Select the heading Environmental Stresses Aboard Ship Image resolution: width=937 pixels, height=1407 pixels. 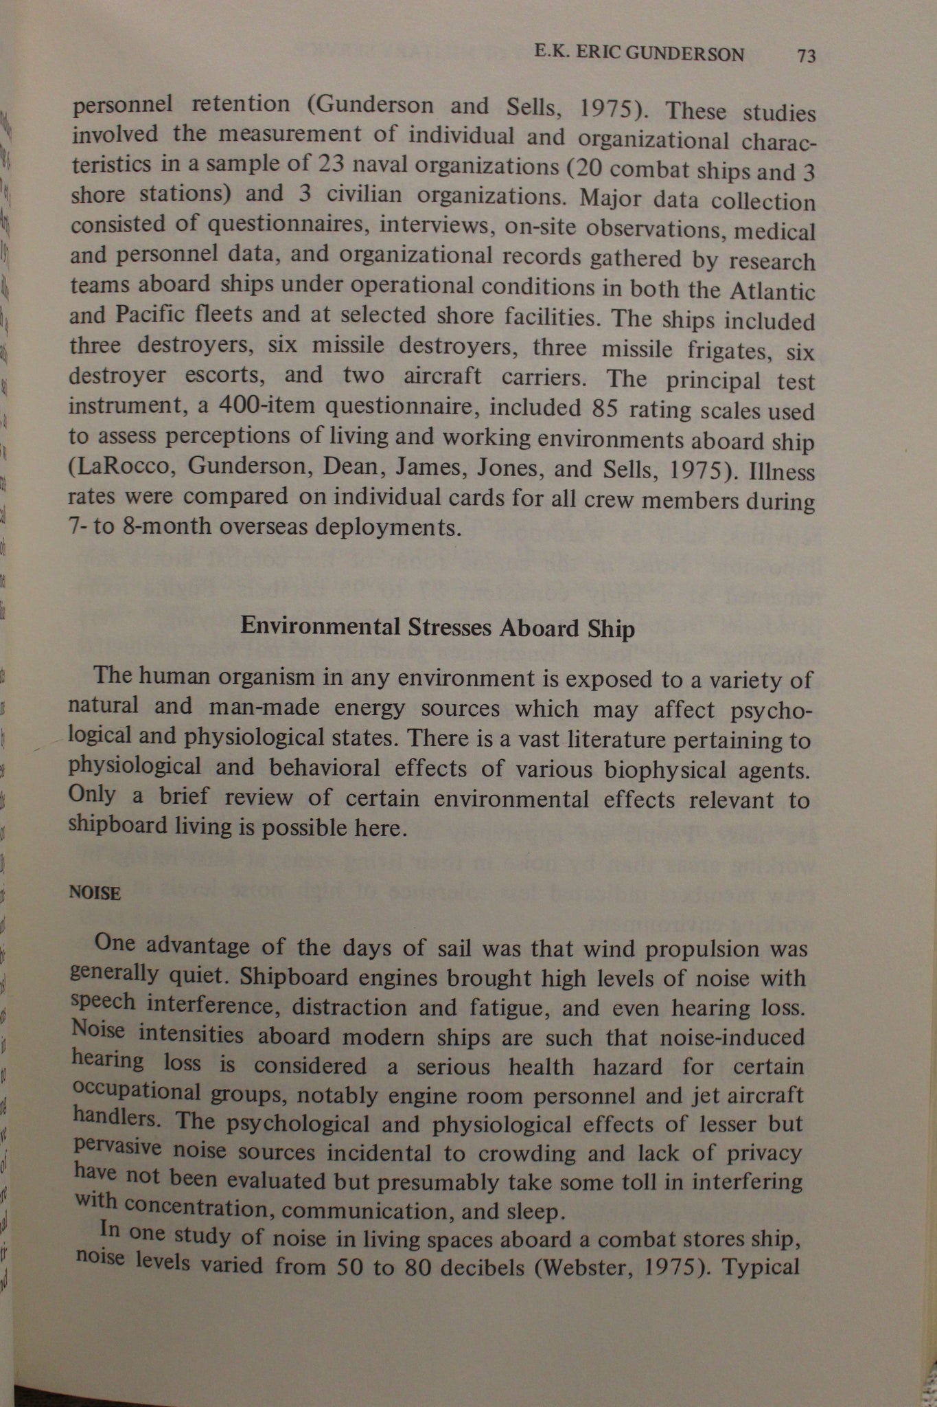tap(438, 628)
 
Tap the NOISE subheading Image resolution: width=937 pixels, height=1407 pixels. tap(95, 893)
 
